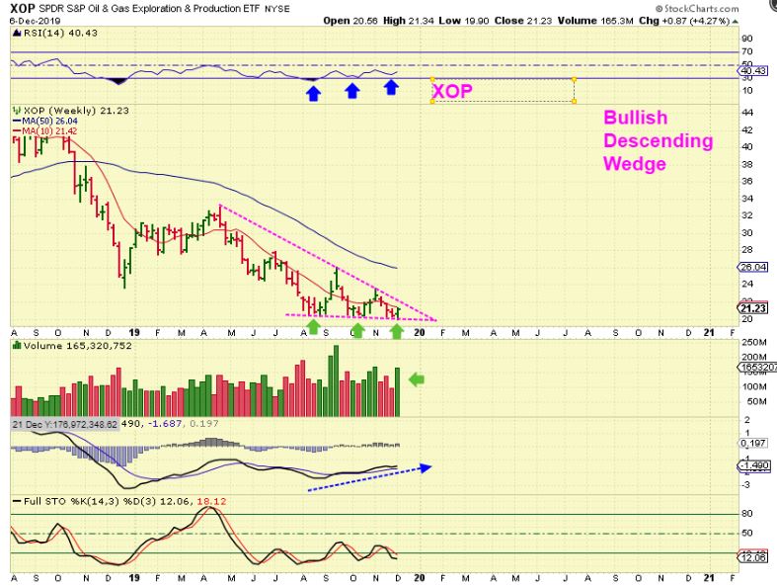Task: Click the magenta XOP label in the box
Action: (x=451, y=91)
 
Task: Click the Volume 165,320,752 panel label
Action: (x=61, y=347)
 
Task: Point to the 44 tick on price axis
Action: (x=747, y=113)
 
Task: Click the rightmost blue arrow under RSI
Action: (x=391, y=88)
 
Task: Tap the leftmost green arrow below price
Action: (x=314, y=326)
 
